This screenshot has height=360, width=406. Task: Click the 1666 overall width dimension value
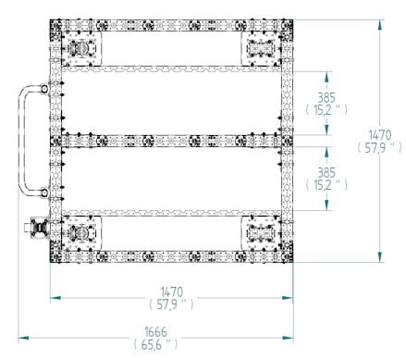[x=155, y=332]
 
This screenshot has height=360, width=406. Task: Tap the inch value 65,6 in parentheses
[x=156, y=344]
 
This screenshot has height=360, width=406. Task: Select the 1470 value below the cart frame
[x=172, y=292]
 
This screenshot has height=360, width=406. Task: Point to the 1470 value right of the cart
[x=380, y=135]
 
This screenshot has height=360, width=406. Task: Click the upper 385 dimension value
[x=326, y=98]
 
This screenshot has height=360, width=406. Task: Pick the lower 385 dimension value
[x=326, y=173]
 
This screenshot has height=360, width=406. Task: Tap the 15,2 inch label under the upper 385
[x=323, y=110]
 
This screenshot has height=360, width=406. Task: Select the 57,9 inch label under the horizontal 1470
[x=166, y=304]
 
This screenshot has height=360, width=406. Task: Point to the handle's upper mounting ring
[x=44, y=89]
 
